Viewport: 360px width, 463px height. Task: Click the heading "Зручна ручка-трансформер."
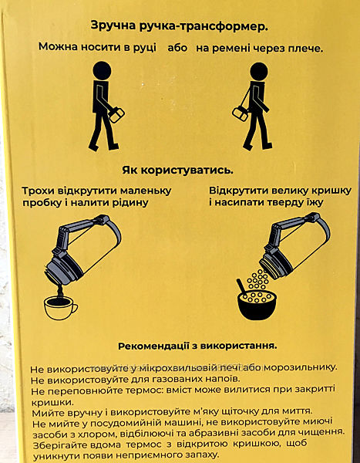click(x=179, y=26)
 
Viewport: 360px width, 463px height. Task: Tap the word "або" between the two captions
click(x=177, y=48)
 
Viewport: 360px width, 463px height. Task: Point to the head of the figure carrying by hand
click(x=102, y=70)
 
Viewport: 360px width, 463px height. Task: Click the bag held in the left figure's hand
click(x=116, y=114)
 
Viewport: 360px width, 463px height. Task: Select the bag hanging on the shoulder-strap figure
click(x=241, y=114)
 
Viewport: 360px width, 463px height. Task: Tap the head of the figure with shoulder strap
click(x=259, y=72)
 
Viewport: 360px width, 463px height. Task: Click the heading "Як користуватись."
click(x=177, y=171)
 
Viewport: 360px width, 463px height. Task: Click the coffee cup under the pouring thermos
click(x=60, y=307)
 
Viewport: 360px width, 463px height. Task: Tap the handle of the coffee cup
click(x=74, y=309)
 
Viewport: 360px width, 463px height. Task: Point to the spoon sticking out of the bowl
click(x=241, y=286)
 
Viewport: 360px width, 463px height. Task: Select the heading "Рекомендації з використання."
click(x=197, y=346)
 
